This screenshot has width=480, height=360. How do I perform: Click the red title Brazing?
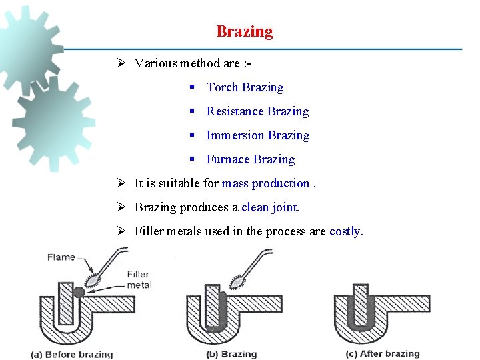coord(244,31)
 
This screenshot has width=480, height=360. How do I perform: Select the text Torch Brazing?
coord(245,87)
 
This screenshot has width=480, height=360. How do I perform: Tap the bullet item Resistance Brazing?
coord(257,111)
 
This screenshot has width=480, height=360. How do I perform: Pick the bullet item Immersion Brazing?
coord(257,135)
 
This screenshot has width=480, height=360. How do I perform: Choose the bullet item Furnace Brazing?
coord(250,159)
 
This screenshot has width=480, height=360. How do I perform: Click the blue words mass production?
coord(265,183)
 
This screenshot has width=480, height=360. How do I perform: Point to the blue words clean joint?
coord(270,207)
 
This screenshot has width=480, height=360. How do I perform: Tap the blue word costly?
coord(346,231)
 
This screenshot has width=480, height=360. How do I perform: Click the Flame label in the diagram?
coord(61,257)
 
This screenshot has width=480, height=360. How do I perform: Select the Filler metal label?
coord(139,279)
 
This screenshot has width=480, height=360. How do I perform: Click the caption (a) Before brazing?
coord(72,355)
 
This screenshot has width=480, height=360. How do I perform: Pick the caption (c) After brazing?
coord(383,354)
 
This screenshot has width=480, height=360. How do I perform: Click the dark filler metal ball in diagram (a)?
coord(79,291)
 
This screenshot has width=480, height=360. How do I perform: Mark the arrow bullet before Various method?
coord(121,63)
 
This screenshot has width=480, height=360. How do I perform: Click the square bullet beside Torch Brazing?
coord(191,87)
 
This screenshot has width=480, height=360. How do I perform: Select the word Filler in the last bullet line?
coord(149,231)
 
